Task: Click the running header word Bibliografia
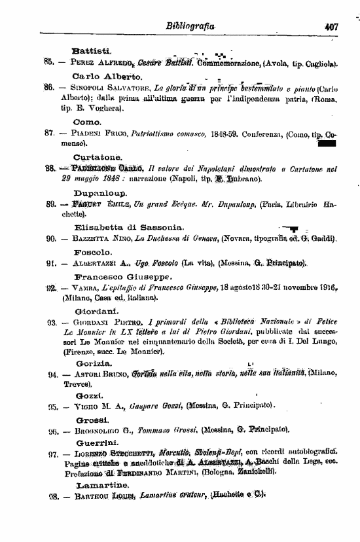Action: [x=190, y=28]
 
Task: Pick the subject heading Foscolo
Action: [x=95, y=251]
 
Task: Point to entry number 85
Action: [x=48, y=63]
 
